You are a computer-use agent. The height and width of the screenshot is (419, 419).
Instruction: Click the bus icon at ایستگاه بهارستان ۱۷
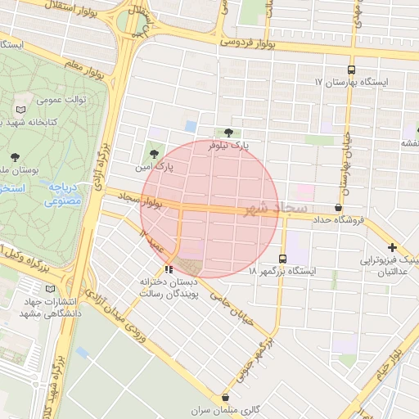click(x=351, y=70)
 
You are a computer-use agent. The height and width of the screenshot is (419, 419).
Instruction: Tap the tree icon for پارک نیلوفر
click(x=228, y=133)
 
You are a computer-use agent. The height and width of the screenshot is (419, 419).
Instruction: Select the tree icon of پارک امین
click(x=153, y=153)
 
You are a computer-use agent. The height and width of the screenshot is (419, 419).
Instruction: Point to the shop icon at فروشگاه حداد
click(x=338, y=208)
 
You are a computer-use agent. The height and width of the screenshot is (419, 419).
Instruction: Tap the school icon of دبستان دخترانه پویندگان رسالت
click(x=169, y=268)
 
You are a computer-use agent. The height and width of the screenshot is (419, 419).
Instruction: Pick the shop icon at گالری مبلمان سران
click(x=224, y=397)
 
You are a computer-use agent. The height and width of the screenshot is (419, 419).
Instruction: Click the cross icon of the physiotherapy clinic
click(x=392, y=247)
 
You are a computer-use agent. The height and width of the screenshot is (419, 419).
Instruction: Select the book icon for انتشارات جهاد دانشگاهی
click(x=52, y=288)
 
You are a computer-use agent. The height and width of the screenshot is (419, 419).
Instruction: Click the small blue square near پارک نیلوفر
click(x=191, y=126)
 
